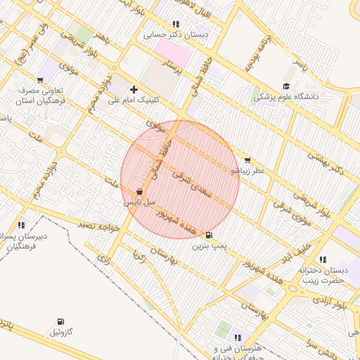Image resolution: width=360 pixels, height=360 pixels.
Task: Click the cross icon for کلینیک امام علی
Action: tap(134, 89)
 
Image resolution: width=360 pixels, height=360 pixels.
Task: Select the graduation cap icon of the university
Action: tap(287, 85)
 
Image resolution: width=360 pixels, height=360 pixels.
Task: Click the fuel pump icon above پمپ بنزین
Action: tap(209, 235)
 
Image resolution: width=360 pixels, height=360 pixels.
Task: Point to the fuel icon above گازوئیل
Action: tap(58, 321)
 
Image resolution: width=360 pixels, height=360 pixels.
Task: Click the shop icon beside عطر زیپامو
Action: tap(247, 160)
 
